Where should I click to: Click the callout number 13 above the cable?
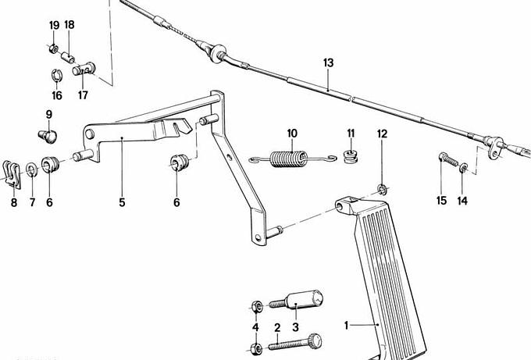click(328, 62)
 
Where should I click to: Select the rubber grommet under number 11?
click(351, 156)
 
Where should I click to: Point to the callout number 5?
click(122, 202)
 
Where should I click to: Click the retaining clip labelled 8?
click(12, 174)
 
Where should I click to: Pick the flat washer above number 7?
click(32, 169)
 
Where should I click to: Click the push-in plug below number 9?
click(48, 136)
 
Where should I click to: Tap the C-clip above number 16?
click(56, 76)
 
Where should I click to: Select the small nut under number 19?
click(53, 48)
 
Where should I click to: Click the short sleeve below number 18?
click(68, 57)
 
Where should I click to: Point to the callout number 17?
click(83, 95)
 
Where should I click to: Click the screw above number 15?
click(448, 159)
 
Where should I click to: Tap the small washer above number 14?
click(463, 167)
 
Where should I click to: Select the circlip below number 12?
click(383, 189)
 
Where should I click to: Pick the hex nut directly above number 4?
click(257, 307)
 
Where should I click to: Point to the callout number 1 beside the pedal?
click(346, 326)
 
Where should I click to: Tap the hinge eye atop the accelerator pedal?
click(344, 205)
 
